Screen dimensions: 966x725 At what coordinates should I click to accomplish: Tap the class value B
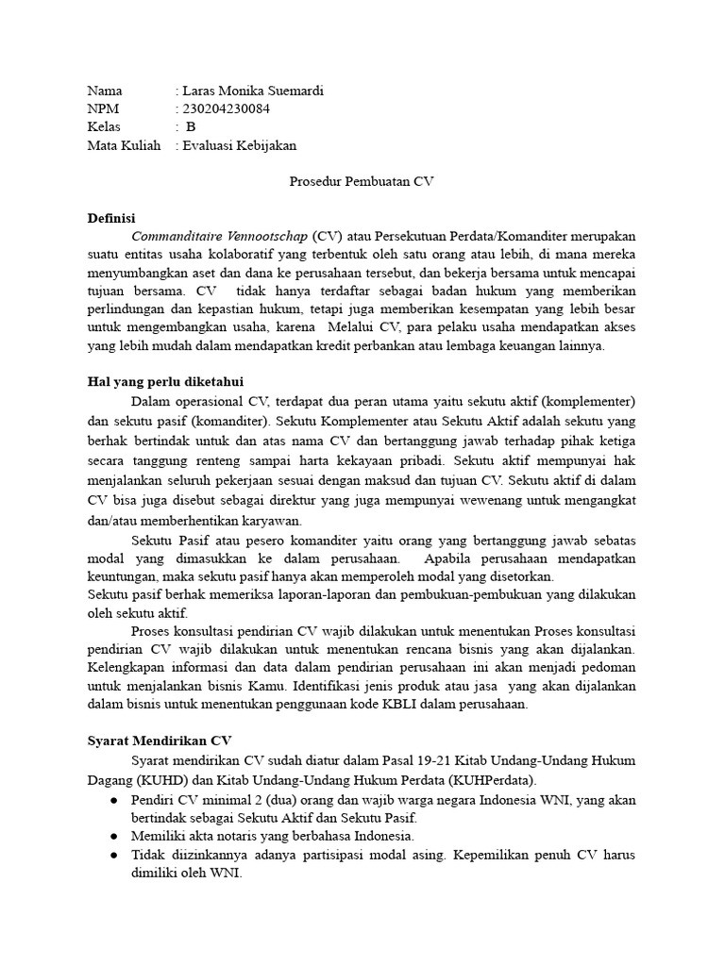click(x=192, y=127)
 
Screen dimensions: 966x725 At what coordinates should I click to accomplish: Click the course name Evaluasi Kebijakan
click(x=240, y=145)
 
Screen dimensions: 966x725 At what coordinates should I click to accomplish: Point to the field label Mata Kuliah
click(x=124, y=145)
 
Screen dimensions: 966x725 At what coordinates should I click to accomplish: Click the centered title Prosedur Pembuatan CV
click(x=362, y=181)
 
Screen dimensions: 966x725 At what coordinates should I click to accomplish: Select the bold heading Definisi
click(x=111, y=218)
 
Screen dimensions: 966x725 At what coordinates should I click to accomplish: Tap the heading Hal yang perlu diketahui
click(x=165, y=382)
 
